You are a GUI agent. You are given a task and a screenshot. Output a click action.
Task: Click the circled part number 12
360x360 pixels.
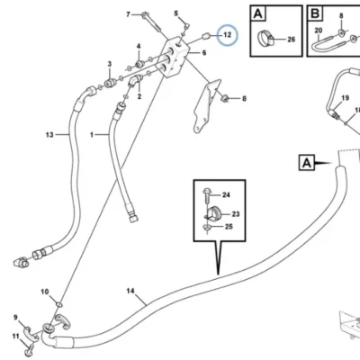click(x=228, y=35)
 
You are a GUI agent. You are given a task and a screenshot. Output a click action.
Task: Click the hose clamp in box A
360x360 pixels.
click(x=265, y=39)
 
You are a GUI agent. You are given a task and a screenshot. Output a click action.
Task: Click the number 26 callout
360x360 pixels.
click(x=291, y=40)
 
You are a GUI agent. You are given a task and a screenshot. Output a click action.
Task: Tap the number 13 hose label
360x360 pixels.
click(x=49, y=135)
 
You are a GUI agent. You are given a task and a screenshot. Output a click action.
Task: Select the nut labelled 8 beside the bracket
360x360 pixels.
click(x=224, y=98)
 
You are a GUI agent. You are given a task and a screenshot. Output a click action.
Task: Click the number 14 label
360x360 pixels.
click(x=130, y=291)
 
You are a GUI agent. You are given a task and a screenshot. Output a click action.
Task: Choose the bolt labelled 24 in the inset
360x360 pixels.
click(x=207, y=195)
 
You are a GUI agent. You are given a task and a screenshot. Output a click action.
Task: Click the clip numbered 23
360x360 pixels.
click(x=214, y=214)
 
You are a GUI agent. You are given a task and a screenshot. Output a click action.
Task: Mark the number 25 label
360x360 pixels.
click(x=229, y=226)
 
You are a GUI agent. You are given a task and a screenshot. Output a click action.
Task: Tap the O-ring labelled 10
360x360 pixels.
click(x=59, y=305)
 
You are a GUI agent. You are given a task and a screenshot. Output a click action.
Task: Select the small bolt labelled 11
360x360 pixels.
click(x=30, y=350)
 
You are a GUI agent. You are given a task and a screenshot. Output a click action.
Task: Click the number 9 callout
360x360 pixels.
click(x=15, y=317)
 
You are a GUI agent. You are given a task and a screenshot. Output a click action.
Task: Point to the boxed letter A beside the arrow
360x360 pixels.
click(x=307, y=163)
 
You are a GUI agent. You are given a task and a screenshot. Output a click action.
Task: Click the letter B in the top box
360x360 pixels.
click(x=315, y=13)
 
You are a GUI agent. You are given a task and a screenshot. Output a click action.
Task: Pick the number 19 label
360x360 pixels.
click(x=345, y=98)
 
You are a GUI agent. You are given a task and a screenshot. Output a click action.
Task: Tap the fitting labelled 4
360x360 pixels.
click(x=139, y=64)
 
